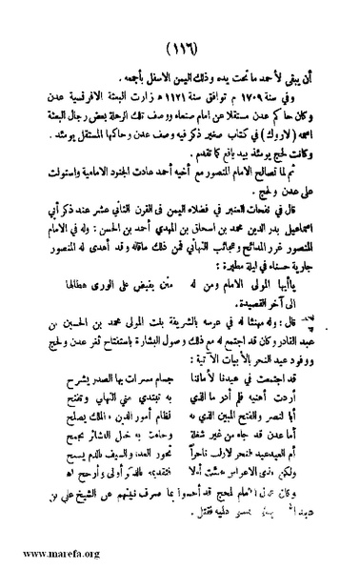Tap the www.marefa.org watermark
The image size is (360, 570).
click(44, 556)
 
